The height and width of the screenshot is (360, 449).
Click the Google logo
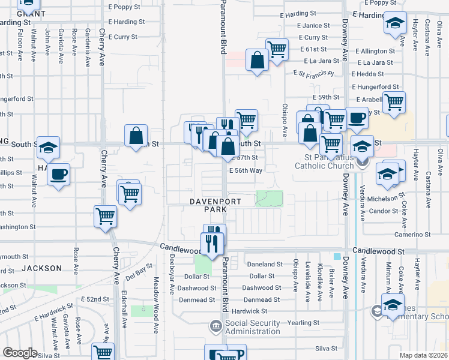pyautogui.click(x=20, y=353)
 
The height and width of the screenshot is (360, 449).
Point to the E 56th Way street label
pyautogui.click(x=246, y=170)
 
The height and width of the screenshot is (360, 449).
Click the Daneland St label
pyautogui.click(x=264, y=264)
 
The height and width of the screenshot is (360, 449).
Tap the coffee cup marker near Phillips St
pyautogui.click(x=58, y=175)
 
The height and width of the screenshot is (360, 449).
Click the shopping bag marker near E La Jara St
pyautogui.click(x=258, y=61)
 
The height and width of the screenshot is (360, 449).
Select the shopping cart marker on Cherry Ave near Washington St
pyautogui.click(x=106, y=216)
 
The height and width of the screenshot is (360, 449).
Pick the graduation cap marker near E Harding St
pyautogui.click(x=395, y=24)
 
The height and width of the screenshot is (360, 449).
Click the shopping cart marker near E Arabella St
pyautogui.click(x=394, y=103)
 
